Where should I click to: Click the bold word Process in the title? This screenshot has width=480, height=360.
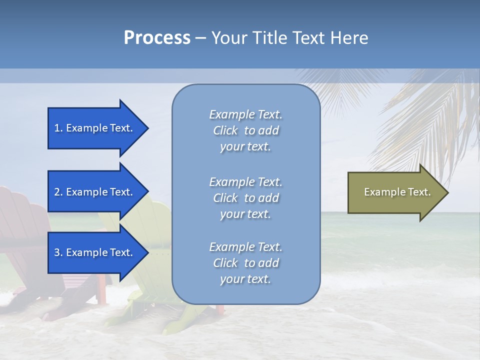click(157, 38)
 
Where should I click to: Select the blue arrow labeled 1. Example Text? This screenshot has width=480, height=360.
click(93, 128)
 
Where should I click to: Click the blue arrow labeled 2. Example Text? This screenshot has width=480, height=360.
click(93, 192)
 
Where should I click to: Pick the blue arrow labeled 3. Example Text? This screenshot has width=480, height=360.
click(93, 252)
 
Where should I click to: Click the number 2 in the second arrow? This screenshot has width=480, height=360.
click(57, 192)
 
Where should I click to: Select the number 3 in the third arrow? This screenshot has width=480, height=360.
click(57, 252)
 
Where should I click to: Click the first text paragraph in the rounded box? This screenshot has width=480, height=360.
click(245, 130)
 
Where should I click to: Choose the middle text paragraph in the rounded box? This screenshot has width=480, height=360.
click(245, 198)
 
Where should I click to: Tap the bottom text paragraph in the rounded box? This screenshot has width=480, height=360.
click(245, 263)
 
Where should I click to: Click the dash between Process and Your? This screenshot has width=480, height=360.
click(200, 38)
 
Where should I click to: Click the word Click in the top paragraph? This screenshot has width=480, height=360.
click(225, 130)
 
